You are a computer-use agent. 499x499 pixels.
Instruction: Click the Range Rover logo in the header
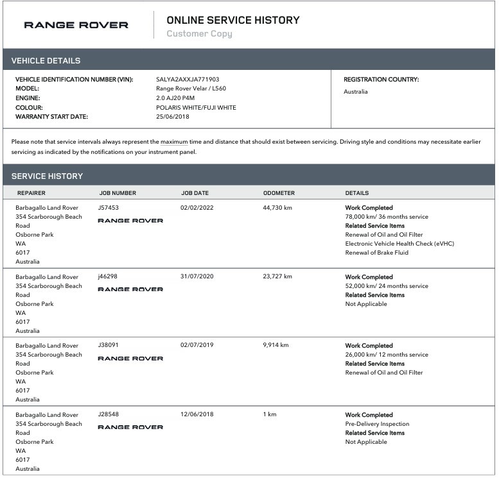point(76,25)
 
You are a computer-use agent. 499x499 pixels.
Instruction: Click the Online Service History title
point(232,20)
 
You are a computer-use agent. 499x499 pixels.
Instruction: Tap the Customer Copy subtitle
point(199,34)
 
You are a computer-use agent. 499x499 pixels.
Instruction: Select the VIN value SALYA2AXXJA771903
point(188,80)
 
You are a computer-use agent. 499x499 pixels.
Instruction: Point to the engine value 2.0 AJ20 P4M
point(175,98)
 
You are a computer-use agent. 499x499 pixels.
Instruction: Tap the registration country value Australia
point(356,92)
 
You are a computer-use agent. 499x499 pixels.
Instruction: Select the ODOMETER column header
point(279,193)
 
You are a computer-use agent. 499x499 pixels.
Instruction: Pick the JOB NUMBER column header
point(118,193)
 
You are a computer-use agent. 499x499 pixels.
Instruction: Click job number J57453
point(108,208)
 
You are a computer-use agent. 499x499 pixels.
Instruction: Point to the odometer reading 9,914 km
point(276,345)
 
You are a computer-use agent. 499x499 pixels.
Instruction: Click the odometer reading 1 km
point(270,414)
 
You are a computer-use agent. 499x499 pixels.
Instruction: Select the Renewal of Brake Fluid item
point(376,253)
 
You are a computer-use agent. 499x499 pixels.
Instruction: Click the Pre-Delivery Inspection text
point(377,424)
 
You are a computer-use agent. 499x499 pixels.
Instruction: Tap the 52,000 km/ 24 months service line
point(387,286)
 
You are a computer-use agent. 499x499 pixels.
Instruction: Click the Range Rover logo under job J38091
point(130,359)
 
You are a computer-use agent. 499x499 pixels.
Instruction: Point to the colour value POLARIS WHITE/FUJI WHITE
point(196,108)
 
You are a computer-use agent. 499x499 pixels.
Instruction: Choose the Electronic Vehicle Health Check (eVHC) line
point(399,244)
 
